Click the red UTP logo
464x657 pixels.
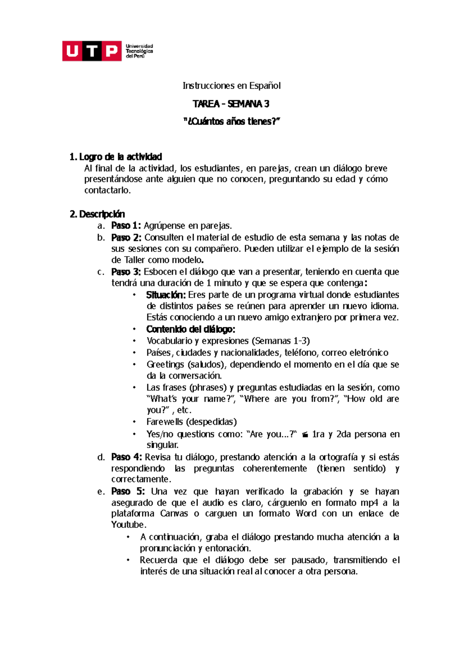tap(92, 51)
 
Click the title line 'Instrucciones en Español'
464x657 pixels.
tap(232, 86)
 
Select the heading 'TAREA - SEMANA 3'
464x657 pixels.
tap(231, 104)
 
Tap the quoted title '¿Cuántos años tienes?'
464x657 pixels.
tap(231, 121)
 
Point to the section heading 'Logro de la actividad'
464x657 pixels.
tap(120, 157)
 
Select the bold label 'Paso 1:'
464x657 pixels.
tap(126, 226)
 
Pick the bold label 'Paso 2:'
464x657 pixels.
tap(126, 237)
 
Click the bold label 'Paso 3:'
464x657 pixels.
tap(126, 272)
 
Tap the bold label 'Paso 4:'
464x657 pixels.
tap(126, 457)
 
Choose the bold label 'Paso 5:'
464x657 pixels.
tap(128, 491)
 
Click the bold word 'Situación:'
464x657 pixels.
tap(166, 295)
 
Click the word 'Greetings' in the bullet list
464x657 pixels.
tap(165, 364)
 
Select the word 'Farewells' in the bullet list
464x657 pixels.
tap(164, 422)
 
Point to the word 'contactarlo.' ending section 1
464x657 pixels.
tap(107, 190)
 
